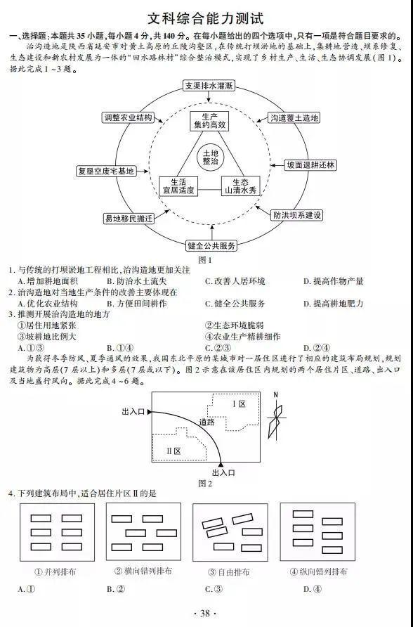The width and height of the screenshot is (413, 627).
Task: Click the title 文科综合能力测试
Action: click(206, 18)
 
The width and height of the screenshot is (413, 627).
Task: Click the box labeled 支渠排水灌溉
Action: click(209, 86)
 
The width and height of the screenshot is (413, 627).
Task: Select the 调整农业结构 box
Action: click(128, 117)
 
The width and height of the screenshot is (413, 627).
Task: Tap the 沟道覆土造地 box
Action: click(294, 118)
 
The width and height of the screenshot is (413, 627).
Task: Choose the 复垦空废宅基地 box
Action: click(105, 171)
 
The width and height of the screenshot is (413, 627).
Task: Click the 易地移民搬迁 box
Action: click(129, 219)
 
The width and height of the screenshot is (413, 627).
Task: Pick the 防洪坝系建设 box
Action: click(296, 215)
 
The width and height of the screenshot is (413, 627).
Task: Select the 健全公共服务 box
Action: click(211, 245)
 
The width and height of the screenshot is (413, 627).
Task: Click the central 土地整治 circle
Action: click(211, 157)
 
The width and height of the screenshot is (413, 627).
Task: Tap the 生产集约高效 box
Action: click(209, 121)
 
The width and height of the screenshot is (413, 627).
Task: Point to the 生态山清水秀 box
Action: click(240, 186)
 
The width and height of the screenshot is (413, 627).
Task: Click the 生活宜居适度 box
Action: click(178, 186)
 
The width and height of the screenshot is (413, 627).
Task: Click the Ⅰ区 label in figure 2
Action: click(239, 404)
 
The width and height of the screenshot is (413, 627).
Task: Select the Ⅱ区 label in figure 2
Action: click(173, 451)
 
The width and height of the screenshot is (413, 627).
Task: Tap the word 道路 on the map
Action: click(207, 422)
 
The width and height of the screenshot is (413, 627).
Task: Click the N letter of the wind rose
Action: click(275, 396)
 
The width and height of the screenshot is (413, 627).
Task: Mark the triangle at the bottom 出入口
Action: click(220, 464)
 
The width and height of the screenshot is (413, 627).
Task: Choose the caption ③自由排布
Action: click(229, 572)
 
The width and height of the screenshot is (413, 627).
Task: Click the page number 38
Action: click(204, 614)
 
